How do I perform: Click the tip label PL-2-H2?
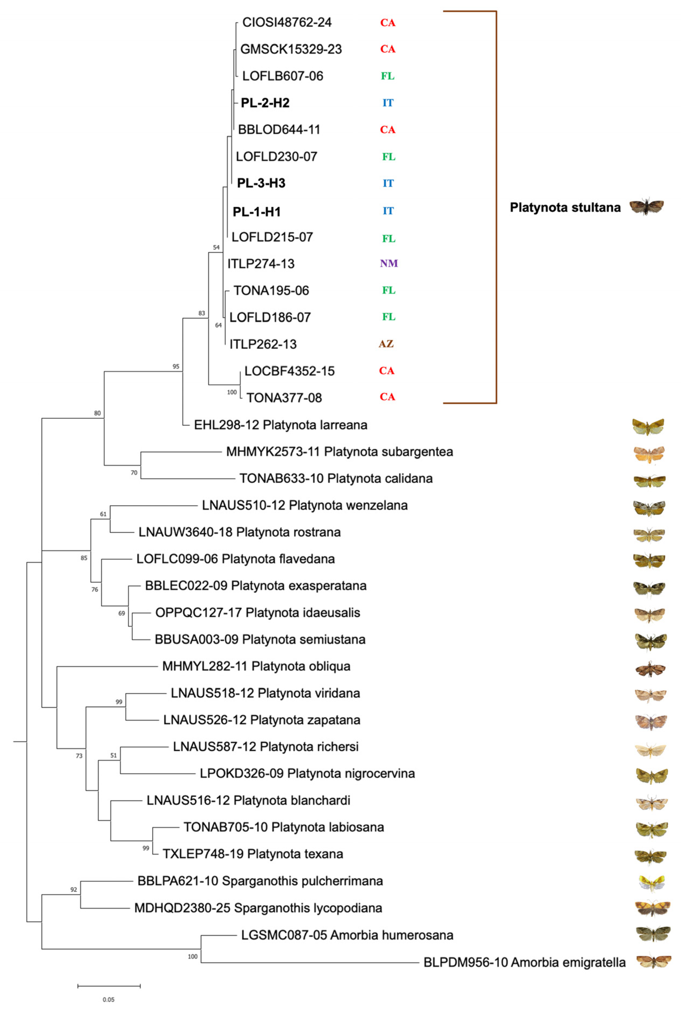[265, 103]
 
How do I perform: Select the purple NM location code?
[389, 263]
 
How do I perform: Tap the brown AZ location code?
[386, 344]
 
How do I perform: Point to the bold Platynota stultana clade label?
[565, 207]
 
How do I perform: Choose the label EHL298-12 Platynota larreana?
[281, 425]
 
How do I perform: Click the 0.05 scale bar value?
[108, 999]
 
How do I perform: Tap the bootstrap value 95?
[176, 366]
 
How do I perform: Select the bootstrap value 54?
[216, 247]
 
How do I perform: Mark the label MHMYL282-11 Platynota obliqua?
[256, 666]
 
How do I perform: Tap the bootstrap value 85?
[84, 558]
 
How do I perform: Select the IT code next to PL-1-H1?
[388, 211]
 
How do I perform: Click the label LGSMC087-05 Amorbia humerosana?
[347, 935]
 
